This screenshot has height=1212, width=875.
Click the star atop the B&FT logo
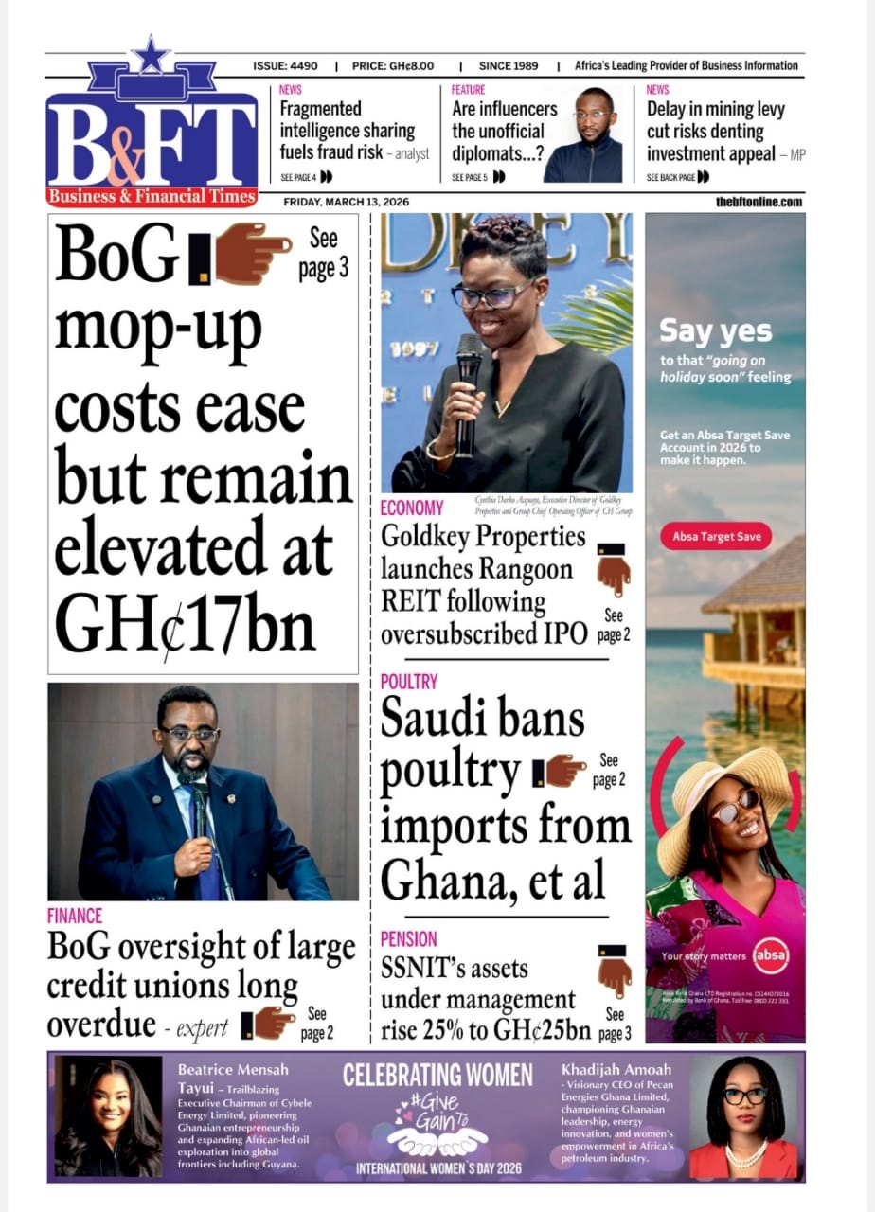pos(151,55)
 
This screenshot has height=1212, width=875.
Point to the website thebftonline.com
pos(759,202)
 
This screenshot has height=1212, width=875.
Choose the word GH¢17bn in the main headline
pos(185,625)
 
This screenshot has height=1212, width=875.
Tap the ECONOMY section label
pos(412,508)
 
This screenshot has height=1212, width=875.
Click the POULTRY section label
pos(409,682)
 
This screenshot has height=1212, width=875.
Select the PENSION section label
pos(409,939)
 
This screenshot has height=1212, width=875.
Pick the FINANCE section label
pos(75,916)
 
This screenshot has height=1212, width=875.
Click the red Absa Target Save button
pos(716,537)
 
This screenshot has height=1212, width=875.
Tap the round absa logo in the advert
pos(770,955)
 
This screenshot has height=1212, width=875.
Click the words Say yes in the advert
pos(715,331)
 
